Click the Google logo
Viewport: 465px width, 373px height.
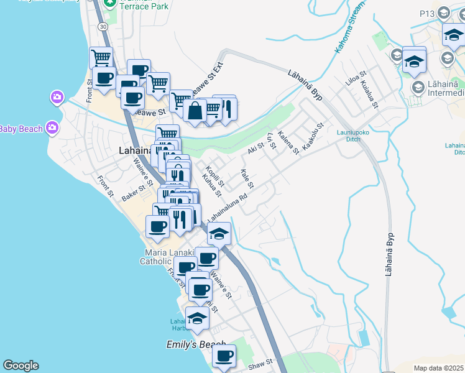(x=21, y=366)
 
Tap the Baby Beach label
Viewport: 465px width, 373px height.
(x=21, y=129)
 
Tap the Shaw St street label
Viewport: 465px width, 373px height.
(x=261, y=361)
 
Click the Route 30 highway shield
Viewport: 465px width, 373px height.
(x=102, y=27)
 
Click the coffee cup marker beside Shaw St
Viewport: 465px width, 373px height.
(x=224, y=356)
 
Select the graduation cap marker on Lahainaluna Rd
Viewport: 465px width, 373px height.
(x=219, y=234)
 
